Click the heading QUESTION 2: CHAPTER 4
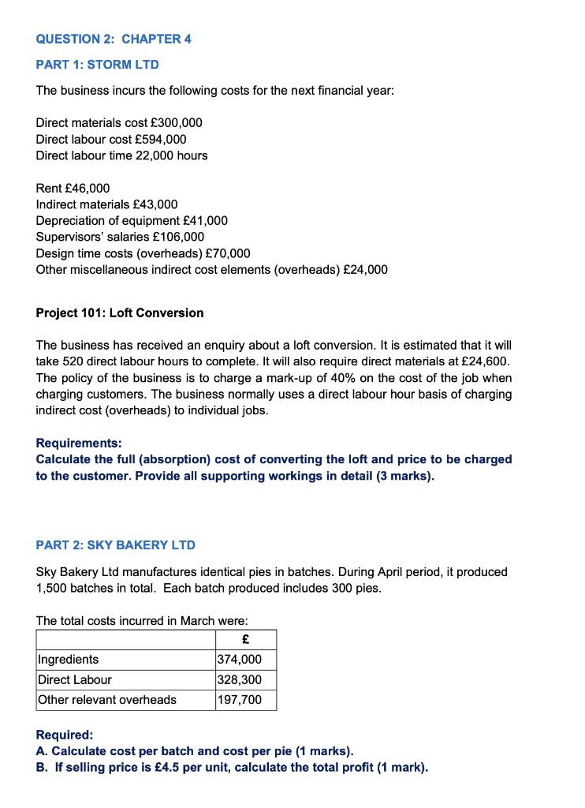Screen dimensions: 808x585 (x=114, y=39)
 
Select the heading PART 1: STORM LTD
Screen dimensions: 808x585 (x=98, y=65)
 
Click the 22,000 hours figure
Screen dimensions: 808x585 (x=166, y=155)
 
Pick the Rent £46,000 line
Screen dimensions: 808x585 (x=73, y=188)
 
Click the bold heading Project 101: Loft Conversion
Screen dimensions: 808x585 (x=120, y=313)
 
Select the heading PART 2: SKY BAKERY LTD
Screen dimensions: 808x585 (x=116, y=545)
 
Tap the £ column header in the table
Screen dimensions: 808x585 (x=245, y=639)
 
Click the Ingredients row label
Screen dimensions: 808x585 (x=69, y=660)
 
